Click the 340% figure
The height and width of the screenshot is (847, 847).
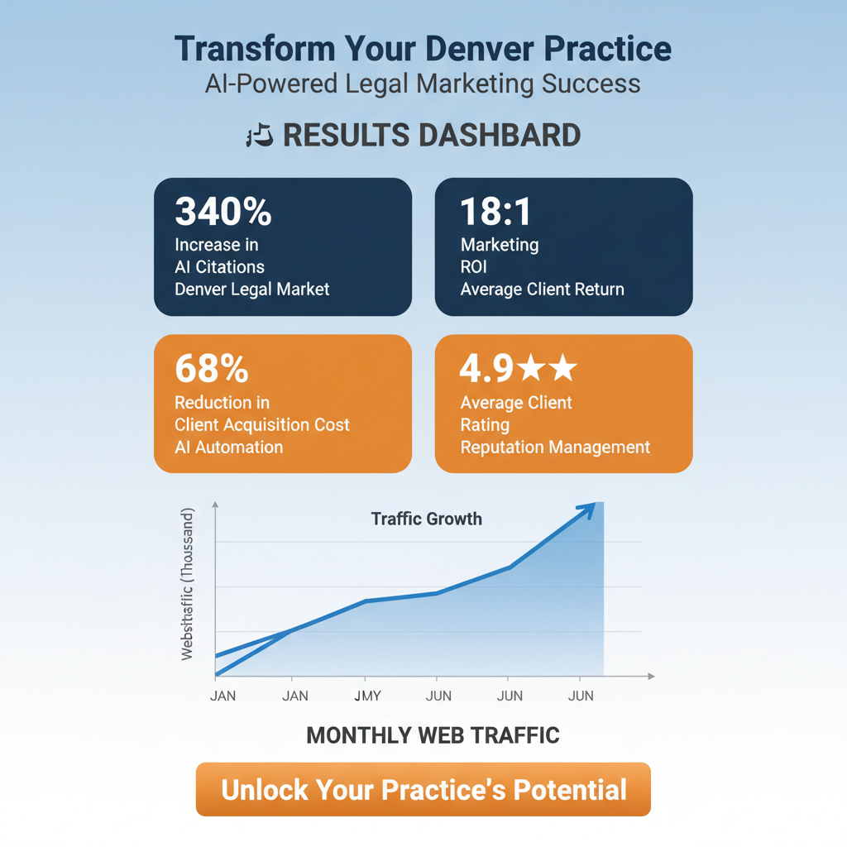pos(223,213)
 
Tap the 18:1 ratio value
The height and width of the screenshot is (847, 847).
pos(496,213)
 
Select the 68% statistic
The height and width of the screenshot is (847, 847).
pos(212,369)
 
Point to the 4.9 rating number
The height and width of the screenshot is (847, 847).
pos(486,369)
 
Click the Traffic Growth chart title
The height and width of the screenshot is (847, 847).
pos(426,519)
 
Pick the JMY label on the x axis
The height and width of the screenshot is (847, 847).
pos(367,696)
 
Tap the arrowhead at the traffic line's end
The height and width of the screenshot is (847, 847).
pos(588,510)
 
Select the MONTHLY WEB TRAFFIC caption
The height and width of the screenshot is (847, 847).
pos(433,735)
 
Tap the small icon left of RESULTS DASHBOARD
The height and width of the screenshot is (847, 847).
pos(260,136)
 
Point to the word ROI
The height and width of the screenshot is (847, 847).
pos(474,267)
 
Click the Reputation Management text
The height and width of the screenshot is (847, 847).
pos(555,447)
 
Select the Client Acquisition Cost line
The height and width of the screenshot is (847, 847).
pos(262,425)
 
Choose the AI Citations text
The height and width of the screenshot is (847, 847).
pos(220,267)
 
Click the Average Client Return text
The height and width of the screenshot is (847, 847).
pos(542,290)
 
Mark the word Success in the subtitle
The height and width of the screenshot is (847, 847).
pos(591,84)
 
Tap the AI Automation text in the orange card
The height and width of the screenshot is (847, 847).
pos(228,447)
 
